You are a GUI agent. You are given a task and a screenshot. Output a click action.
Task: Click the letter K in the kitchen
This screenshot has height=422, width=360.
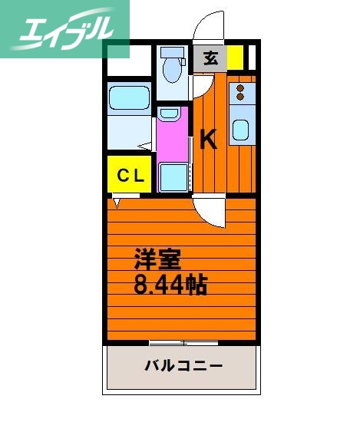pos(209,139)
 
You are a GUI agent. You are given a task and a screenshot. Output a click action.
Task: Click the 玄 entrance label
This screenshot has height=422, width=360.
pos(209,56)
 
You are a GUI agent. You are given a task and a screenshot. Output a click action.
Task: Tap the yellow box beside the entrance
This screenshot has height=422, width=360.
pos(235,57)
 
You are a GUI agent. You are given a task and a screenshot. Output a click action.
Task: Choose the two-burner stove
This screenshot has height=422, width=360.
pos(242,94)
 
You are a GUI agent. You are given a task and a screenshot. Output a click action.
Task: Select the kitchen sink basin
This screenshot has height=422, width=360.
pos(240,132)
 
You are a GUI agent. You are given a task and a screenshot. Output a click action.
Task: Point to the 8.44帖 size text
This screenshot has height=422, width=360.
pos(170,285)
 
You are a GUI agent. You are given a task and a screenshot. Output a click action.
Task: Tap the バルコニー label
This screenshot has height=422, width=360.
pos(184,365)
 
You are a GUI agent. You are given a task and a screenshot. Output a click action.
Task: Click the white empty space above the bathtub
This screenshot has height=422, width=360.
pos(129,61)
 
